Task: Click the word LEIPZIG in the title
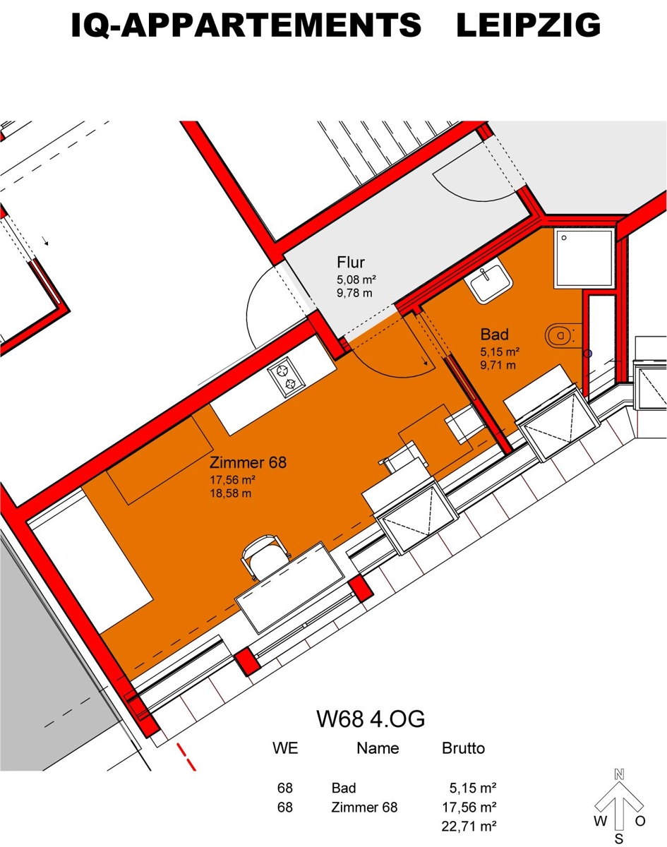tap(528, 26)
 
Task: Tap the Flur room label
tap(351, 263)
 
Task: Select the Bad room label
tap(495, 334)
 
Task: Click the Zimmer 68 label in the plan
tap(248, 463)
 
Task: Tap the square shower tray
tap(584, 258)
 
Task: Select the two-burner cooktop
tap(287, 376)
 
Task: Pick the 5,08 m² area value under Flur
tap(356, 280)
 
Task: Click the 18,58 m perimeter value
tap(232, 493)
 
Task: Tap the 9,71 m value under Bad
tap(498, 365)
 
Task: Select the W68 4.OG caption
tap(371, 719)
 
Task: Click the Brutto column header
tap(463, 748)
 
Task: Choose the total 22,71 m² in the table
tap(469, 824)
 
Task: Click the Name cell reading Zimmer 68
tap(364, 807)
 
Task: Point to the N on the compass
tap(619, 773)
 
